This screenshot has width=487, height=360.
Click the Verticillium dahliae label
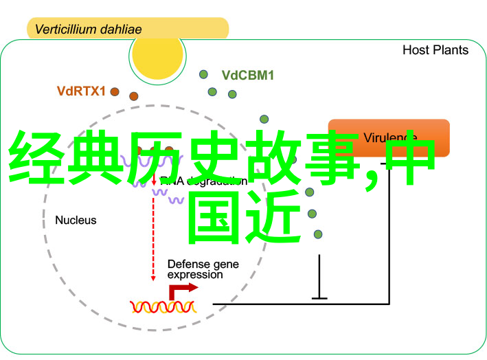[x=89, y=30]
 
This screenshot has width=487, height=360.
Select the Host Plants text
[x=435, y=50]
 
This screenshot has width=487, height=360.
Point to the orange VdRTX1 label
[x=81, y=91]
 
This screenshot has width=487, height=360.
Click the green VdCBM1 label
[x=247, y=76]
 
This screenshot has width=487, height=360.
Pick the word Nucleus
[x=76, y=221]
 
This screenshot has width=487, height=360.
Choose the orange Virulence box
[x=389, y=137]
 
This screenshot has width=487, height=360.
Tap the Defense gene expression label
[x=195, y=269]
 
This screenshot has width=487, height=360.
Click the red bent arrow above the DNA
[x=181, y=289]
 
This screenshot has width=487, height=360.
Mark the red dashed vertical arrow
[x=154, y=234]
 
